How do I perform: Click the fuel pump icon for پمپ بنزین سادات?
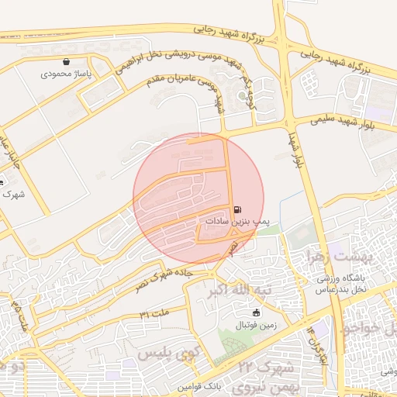tap(236, 209)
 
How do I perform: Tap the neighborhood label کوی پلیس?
tap(165, 354)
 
